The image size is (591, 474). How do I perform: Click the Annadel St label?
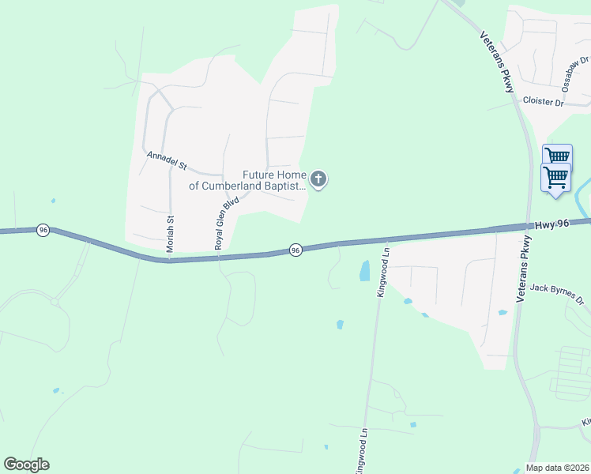(166, 161)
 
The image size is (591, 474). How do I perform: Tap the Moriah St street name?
(170, 233)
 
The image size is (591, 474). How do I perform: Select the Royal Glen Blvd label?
(226, 224)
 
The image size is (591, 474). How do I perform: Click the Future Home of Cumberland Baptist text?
(273, 181)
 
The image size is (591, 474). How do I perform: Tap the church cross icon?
(318, 180)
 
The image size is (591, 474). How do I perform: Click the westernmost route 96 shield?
(43, 230)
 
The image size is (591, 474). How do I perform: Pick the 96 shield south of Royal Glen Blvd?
(295, 250)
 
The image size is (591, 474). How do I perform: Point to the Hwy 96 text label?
(551, 224)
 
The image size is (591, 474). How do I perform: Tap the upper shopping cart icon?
(558, 156)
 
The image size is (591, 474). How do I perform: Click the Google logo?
(26, 465)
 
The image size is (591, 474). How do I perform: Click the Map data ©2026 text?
(558, 468)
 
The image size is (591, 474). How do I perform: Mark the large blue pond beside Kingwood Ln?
(364, 271)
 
